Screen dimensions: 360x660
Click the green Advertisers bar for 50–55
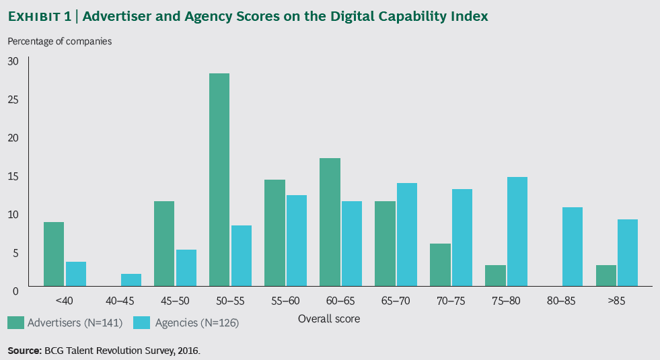(x=219, y=180)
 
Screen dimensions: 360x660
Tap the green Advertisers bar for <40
(x=54, y=254)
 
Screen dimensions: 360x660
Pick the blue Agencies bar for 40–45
(x=131, y=280)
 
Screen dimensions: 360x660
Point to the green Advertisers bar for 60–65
(x=330, y=222)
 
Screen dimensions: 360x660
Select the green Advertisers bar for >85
(x=606, y=275)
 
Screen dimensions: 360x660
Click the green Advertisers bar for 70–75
(x=440, y=264)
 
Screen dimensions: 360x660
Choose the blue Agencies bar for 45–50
(x=186, y=268)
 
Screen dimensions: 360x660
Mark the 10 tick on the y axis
(x=13, y=215)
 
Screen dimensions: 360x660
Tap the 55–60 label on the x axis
(x=285, y=301)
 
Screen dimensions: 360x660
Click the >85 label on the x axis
(x=616, y=301)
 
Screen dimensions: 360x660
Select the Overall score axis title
(x=329, y=319)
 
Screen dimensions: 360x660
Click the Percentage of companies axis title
(x=60, y=41)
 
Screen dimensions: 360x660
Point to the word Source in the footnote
(x=24, y=351)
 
